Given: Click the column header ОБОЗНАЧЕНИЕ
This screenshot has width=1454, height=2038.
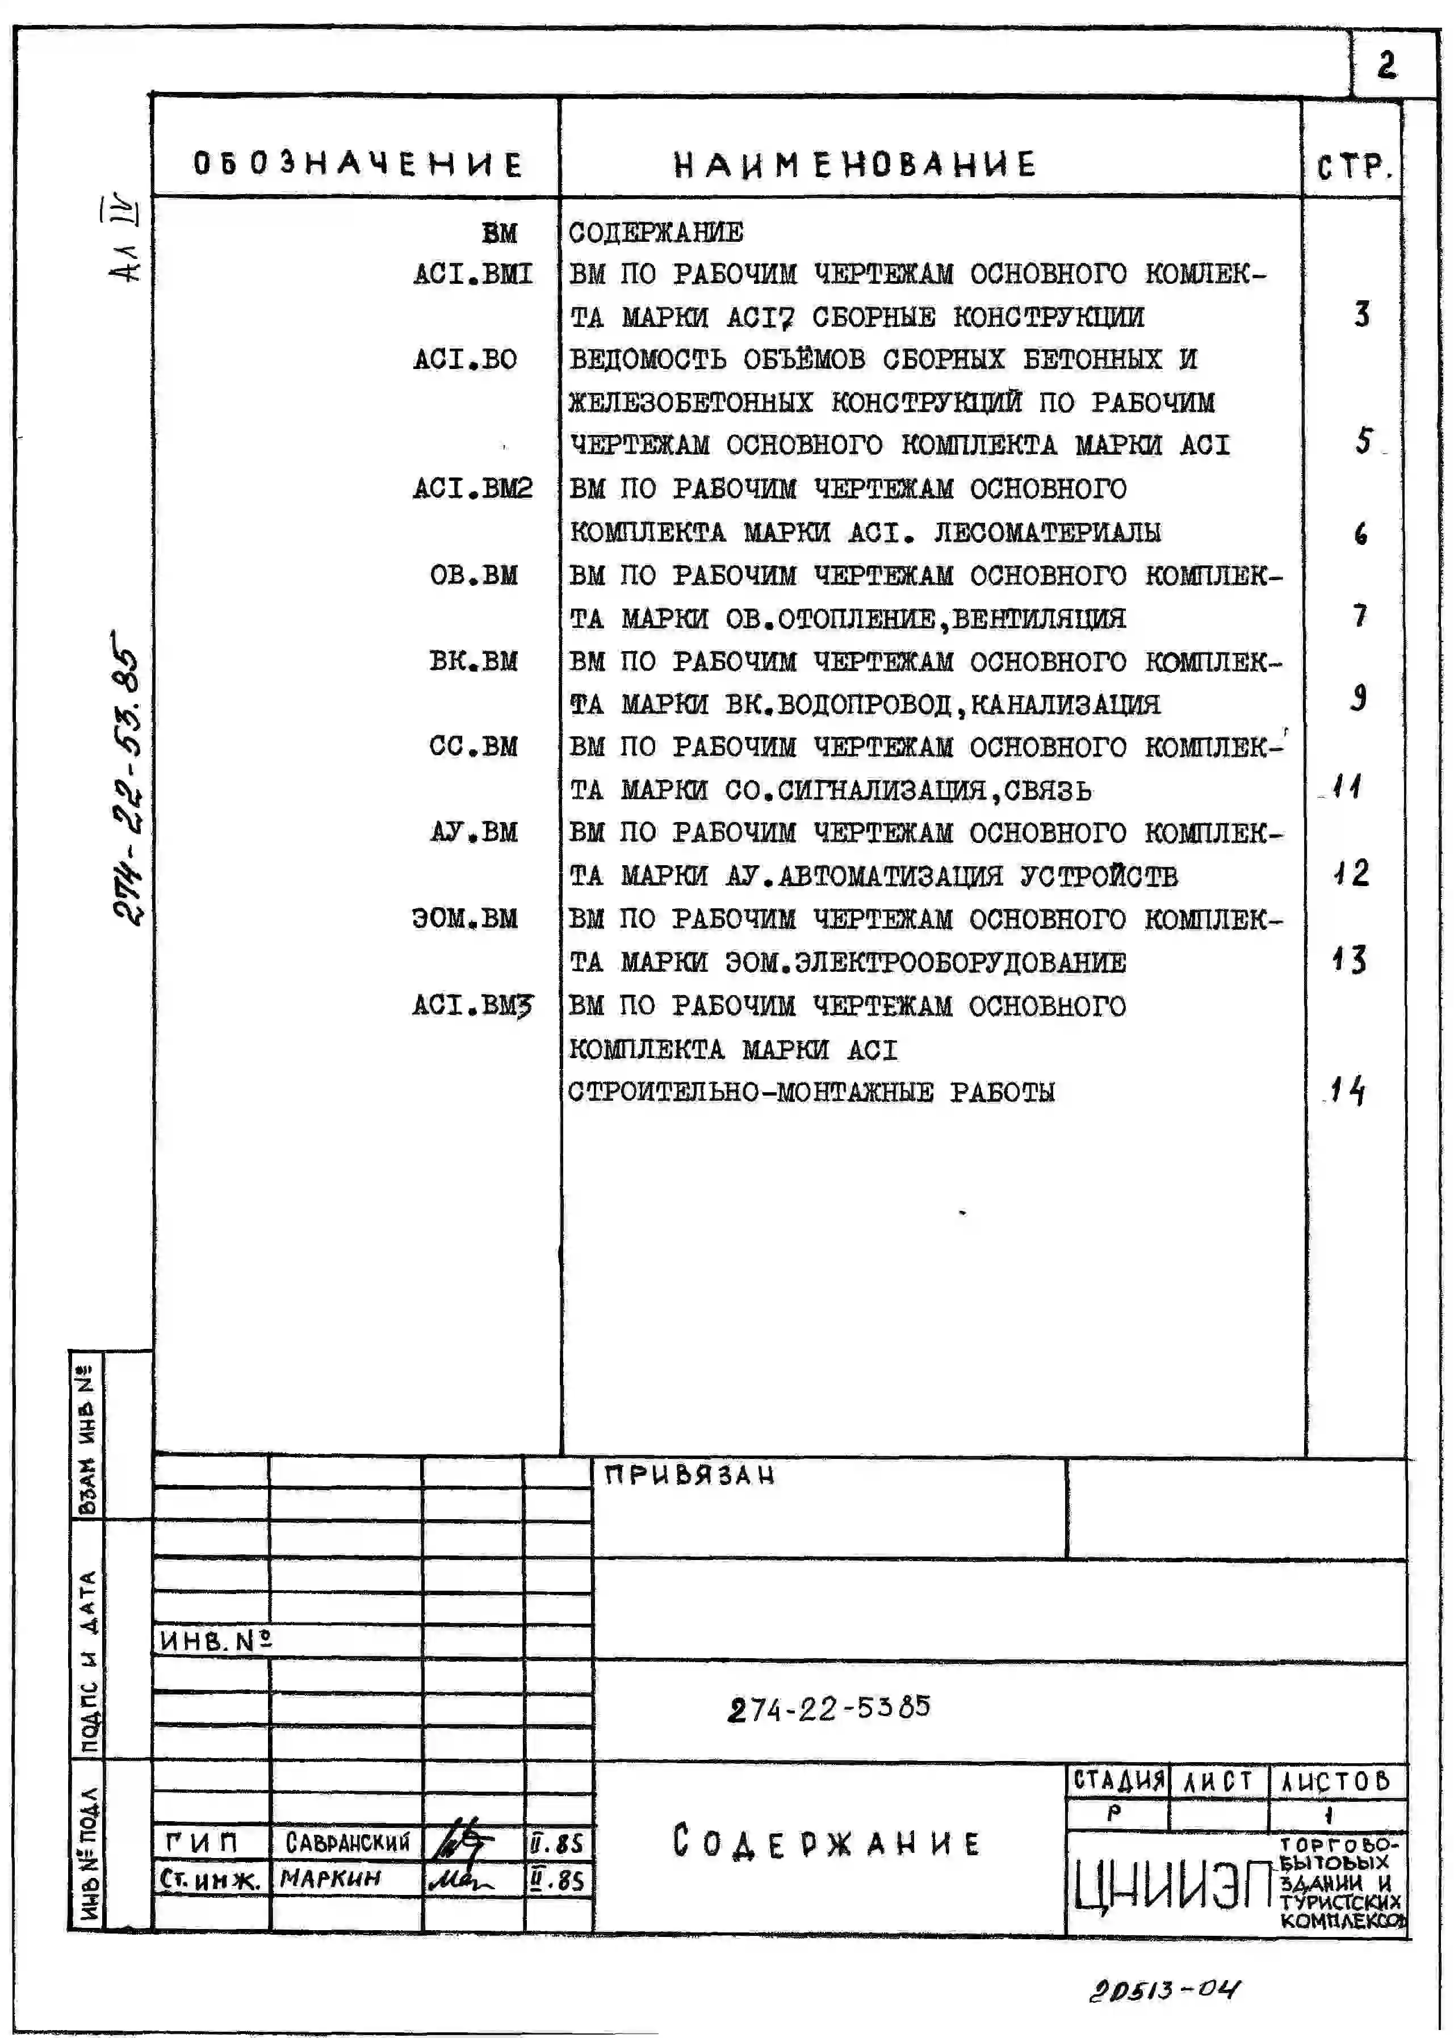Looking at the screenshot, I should pos(357,164).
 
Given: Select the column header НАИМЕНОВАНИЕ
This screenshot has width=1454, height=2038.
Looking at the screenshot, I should pos(855,165).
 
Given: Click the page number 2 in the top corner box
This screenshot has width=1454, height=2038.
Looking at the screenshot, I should pos(1386,65).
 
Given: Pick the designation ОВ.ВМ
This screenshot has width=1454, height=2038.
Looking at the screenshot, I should pos(473,575).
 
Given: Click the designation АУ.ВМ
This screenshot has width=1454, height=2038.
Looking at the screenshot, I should pos(473,832).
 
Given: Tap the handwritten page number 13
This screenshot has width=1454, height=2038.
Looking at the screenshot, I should pos(1349,959).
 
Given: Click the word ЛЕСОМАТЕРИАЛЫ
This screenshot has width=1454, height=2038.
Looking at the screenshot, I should pos(1047,532).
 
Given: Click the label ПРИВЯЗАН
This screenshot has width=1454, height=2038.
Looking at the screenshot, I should pos(689,1475).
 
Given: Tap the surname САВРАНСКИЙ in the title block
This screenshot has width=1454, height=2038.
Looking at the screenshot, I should pos(347,1842).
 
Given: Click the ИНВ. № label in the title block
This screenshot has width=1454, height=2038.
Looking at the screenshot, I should pos(215,1641).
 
